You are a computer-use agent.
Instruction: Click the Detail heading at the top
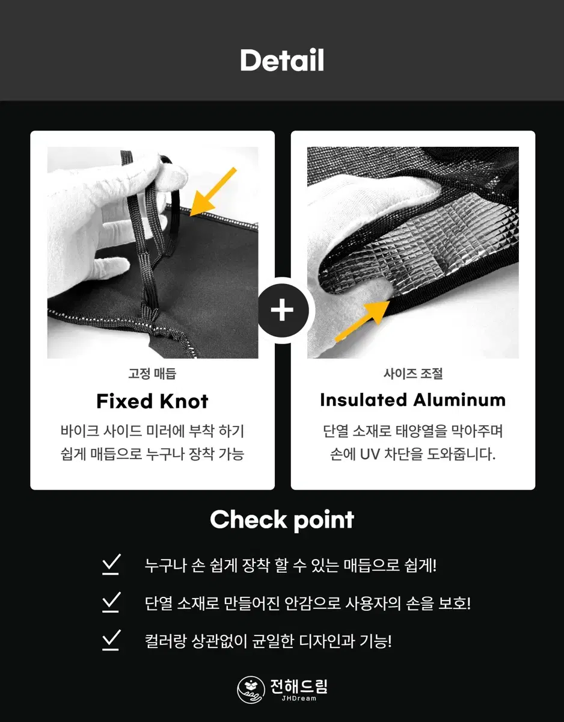(x=282, y=60)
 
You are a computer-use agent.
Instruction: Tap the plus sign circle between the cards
(x=282, y=310)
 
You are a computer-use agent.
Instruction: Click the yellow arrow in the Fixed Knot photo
(x=212, y=192)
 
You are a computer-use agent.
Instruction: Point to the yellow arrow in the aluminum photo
(x=362, y=321)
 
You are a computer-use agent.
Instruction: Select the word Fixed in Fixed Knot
(x=124, y=401)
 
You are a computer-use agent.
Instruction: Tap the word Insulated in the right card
(x=364, y=400)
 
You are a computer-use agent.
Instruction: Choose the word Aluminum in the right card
(x=459, y=400)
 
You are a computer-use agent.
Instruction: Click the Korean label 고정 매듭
(x=152, y=374)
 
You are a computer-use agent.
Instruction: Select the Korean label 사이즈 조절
(x=413, y=374)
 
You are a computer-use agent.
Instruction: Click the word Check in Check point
(x=248, y=520)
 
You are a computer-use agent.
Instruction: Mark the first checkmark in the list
(x=111, y=564)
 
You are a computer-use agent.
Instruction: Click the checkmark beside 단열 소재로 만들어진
(x=111, y=602)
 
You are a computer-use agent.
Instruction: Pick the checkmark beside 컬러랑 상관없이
(x=111, y=640)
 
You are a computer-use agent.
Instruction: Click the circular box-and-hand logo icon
(x=251, y=690)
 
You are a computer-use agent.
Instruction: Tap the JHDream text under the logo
(x=299, y=699)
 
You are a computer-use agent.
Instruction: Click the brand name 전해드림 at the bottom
(x=299, y=686)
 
